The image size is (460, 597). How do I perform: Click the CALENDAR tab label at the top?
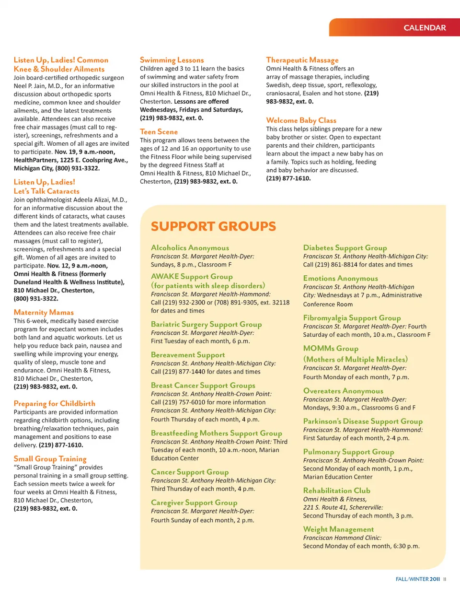coord(425,28)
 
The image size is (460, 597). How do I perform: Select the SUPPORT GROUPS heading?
coord(213,226)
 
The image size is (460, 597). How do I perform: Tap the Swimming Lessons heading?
coord(172,60)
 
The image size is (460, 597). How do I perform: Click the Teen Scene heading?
coord(159,131)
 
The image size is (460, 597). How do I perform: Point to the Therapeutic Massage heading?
coord(302,60)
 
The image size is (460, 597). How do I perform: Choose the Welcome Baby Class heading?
coord(301,120)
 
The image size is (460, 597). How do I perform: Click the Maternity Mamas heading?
coord(44,312)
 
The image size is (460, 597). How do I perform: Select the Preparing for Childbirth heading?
coord(54,403)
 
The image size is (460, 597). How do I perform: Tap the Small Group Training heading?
coord(50,459)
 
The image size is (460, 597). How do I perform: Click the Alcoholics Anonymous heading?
coord(190,248)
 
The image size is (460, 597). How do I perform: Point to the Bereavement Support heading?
coord(187,355)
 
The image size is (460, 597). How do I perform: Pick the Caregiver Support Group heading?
coord(194,503)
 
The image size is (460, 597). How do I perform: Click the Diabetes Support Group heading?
coord(345,248)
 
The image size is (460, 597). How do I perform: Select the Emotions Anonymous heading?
coord(340,278)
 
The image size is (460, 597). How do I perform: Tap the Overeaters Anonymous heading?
coord(343,391)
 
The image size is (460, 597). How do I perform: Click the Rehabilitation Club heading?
coord(336,491)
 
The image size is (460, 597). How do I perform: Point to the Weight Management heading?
coord(338,529)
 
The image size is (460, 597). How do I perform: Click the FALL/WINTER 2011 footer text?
coord(417,579)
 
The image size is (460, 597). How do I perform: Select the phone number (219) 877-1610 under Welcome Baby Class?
coord(288,178)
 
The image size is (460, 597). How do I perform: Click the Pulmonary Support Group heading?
coord(348,452)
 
